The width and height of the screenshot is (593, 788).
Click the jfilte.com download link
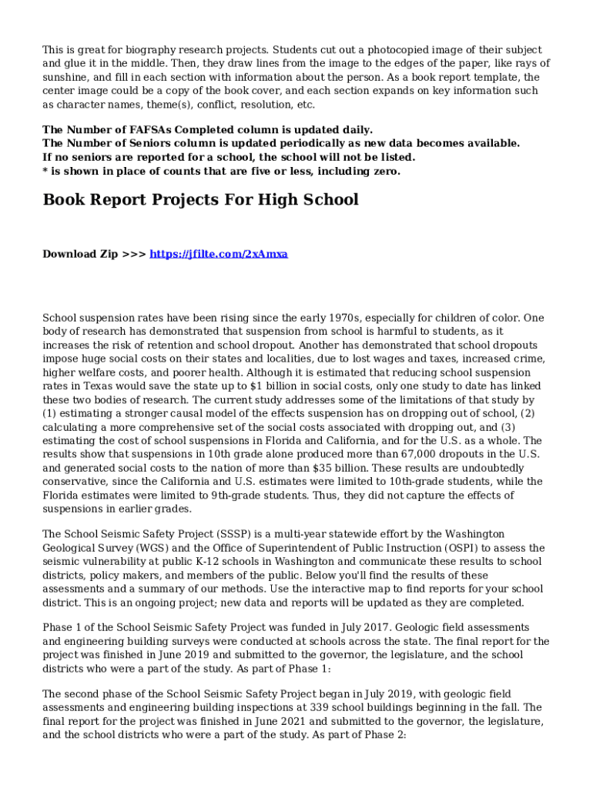(219, 254)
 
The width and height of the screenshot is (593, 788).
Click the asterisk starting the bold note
(45, 172)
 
